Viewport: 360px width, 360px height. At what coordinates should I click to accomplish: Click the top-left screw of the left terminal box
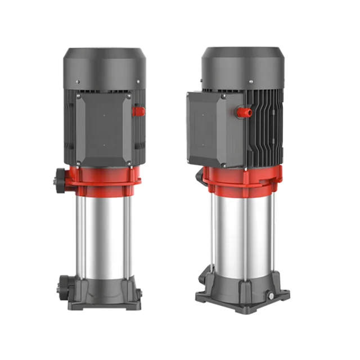(78, 97)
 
